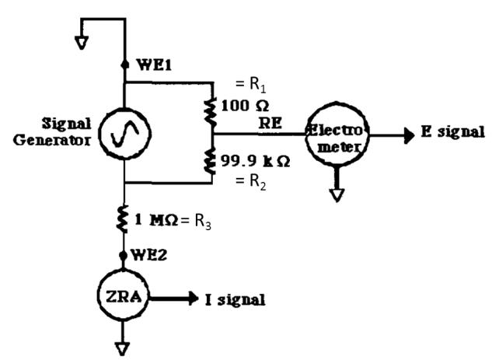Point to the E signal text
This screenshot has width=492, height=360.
coord(452,132)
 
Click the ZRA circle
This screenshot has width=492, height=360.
coord(124,297)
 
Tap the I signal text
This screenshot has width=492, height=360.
coord(230,297)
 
